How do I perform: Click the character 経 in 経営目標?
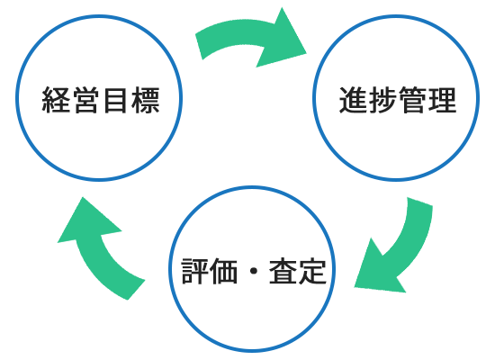coord(56,100)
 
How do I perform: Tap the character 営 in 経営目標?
coord(85,100)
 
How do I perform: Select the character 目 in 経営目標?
coord(115,100)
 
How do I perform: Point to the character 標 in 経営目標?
coord(145,100)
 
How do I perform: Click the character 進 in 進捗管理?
coord(353,100)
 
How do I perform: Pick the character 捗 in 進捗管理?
coord(382,100)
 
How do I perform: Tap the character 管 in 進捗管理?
coord(412,100)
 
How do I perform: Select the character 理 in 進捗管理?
coord(442,100)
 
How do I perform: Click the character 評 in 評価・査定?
coord(195,271)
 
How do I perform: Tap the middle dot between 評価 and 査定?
coord(254,271)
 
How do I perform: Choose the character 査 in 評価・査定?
coord(283,271)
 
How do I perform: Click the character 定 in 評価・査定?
coord(312,271)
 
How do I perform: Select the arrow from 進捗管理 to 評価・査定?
coord(407,249)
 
